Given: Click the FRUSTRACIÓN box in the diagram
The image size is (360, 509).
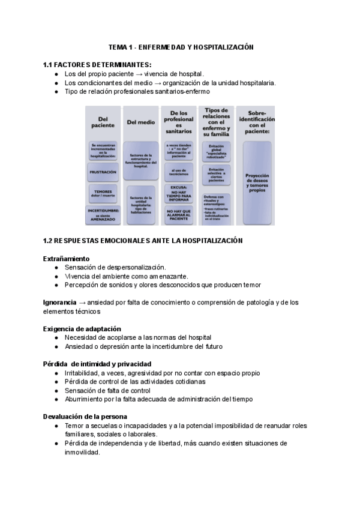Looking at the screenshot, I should (x=103, y=172).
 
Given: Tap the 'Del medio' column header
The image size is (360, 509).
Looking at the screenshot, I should (x=141, y=122).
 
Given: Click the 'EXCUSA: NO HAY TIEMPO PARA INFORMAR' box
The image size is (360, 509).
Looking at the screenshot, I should (x=179, y=194).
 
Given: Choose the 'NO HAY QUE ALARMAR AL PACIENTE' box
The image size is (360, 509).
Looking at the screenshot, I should (x=179, y=215).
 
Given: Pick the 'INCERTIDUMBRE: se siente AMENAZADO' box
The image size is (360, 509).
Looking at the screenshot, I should (x=103, y=214).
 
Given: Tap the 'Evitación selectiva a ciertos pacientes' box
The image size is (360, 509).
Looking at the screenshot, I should (x=217, y=175).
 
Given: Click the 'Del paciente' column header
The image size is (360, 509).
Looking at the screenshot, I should (x=103, y=122).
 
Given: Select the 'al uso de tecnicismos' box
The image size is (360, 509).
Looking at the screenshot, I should (x=179, y=172).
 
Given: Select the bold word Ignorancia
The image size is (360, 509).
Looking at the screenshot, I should (x=59, y=303).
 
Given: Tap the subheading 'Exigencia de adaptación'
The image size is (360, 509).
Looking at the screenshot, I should (x=82, y=329).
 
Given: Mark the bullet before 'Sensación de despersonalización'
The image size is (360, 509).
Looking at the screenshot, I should (x=56, y=267).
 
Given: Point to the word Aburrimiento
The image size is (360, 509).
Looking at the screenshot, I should (x=86, y=399).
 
